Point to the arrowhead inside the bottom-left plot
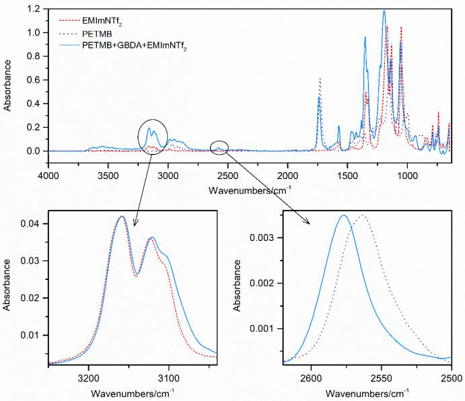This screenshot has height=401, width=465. [x=135, y=225]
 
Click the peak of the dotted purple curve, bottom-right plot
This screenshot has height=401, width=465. [x=363, y=215]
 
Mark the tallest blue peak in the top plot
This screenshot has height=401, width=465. [x=384, y=11]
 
